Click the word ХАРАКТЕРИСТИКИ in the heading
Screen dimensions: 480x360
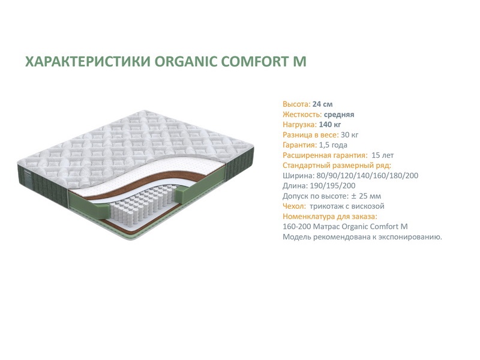[x=88, y=61]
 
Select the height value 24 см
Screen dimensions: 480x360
[x=322, y=104]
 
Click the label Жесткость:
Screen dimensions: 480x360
[x=302, y=115]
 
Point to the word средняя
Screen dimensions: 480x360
[x=339, y=115]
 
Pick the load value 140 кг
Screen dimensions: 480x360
[x=329, y=125]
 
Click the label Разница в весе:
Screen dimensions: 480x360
[x=310, y=134]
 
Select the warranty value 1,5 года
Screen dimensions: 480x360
[x=333, y=145]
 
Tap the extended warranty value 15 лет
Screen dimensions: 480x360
[x=382, y=155]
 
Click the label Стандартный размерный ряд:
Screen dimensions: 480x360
[x=337, y=166]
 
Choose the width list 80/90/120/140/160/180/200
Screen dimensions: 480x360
[x=366, y=176]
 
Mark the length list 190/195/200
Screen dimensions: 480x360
[x=332, y=186]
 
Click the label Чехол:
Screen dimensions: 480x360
[x=294, y=206]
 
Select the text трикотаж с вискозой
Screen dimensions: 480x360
[x=347, y=206]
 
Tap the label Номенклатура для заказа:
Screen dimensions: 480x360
[x=330, y=217]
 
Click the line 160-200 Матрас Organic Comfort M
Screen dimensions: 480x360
[x=345, y=227]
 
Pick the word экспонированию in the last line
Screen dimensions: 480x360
[x=410, y=237]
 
